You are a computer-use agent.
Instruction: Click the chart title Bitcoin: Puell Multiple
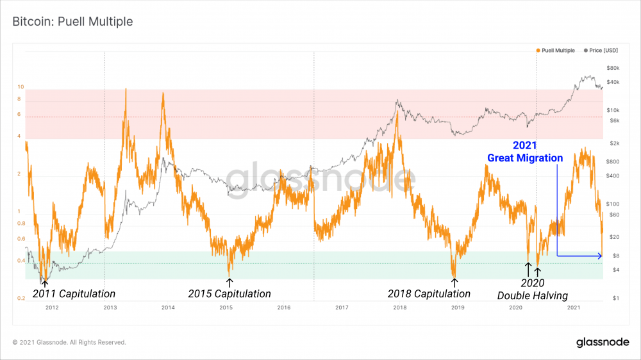click(x=72, y=22)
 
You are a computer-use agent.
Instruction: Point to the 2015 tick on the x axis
click(x=226, y=308)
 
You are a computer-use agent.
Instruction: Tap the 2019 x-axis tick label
click(x=458, y=308)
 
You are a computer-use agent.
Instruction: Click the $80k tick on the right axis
click(x=612, y=68)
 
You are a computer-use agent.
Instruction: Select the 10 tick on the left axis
click(x=21, y=86)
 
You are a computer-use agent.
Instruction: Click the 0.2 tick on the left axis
click(x=21, y=299)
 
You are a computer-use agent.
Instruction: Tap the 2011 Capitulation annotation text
click(x=74, y=294)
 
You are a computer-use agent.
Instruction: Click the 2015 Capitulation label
click(x=229, y=294)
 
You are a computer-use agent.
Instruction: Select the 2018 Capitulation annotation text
click(x=429, y=294)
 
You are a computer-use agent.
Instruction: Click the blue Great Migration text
click(x=525, y=158)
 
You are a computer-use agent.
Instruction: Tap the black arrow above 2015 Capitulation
click(x=229, y=282)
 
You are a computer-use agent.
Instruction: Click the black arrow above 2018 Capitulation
click(x=454, y=282)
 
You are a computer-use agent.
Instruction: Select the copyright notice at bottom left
click(x=69, y=343)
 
